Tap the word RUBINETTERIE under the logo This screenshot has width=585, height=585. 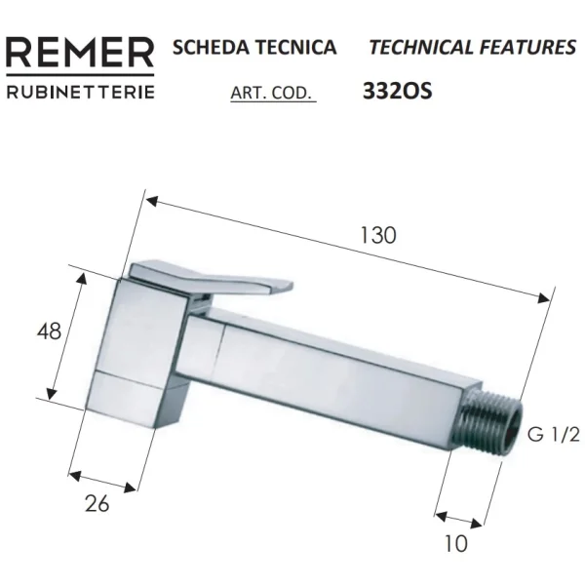(x=80, y=94)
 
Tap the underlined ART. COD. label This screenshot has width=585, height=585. (x=272, y=95)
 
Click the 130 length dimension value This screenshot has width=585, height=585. (x=377, y=235)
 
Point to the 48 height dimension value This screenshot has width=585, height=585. (x=48, y=331)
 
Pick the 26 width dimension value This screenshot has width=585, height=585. (x=97, y=503)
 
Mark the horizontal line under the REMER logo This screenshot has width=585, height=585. (x=80, y=75)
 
